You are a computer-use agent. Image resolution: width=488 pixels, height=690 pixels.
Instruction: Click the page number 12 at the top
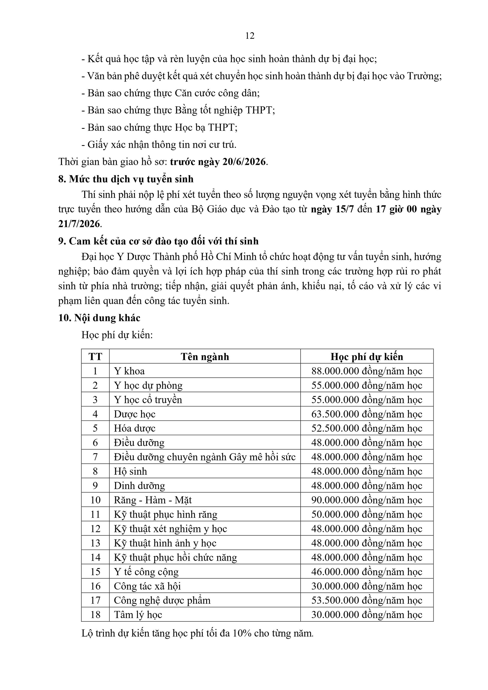[250, 36]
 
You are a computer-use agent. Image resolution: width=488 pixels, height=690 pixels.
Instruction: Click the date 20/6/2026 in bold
[244, 162]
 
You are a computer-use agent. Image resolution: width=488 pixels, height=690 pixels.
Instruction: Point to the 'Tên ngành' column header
[205, 357]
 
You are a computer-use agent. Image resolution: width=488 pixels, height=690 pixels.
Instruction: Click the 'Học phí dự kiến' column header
[366, 357]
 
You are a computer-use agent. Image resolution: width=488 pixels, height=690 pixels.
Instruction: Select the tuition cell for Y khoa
[366, 371]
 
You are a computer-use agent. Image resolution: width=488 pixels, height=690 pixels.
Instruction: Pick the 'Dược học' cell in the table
[135, 414]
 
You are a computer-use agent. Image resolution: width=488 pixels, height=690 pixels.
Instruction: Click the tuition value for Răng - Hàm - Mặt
[366, 500]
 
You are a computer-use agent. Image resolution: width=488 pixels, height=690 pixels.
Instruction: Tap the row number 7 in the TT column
[95, 457]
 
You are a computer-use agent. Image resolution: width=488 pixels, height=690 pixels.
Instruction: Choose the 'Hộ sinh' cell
[131, 471]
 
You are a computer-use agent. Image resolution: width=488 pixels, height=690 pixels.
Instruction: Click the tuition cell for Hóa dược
[366, 428]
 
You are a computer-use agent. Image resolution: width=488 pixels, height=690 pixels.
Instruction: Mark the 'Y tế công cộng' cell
[146, 572]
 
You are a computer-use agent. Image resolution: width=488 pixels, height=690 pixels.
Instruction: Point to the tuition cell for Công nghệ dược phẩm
[366, 600]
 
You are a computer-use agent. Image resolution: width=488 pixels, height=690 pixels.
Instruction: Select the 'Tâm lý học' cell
[138, 615]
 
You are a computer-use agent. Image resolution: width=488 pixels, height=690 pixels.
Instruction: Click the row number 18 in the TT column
[95, 615]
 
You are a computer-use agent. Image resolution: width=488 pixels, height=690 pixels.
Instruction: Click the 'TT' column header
[95, 357]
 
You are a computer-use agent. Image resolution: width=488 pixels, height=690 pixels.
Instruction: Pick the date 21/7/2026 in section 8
[79, 224]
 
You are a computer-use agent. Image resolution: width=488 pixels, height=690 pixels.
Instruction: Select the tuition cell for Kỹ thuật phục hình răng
[366, 514]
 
